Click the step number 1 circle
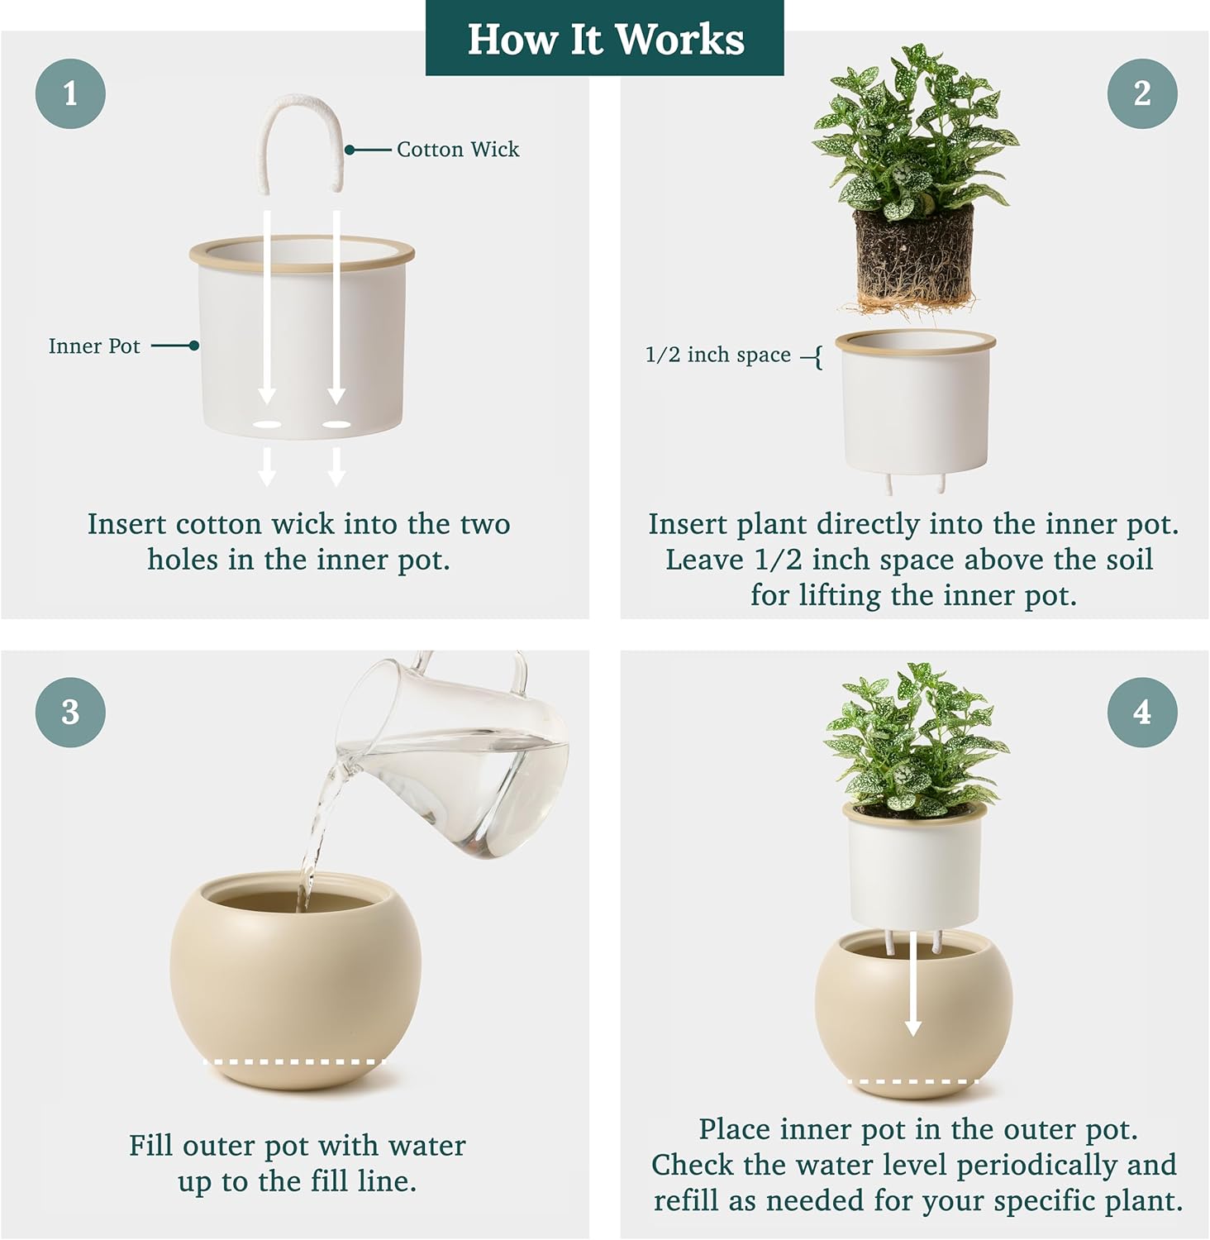[70, 93]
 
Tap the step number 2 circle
[1142, 93]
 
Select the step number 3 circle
[70, 713]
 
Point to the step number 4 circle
[1142, 713]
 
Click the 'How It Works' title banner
[605, 39]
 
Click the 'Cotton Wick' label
[458, 150]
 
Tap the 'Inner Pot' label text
[94, 346]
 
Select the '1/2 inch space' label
[717, 355]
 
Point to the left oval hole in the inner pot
[267, 425]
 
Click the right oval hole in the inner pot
[336, 425]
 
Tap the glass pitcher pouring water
[463, 769]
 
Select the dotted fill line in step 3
[295, 1061]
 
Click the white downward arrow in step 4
[912, 984]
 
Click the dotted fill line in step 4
[912, 1081]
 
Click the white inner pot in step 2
[916, 405]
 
